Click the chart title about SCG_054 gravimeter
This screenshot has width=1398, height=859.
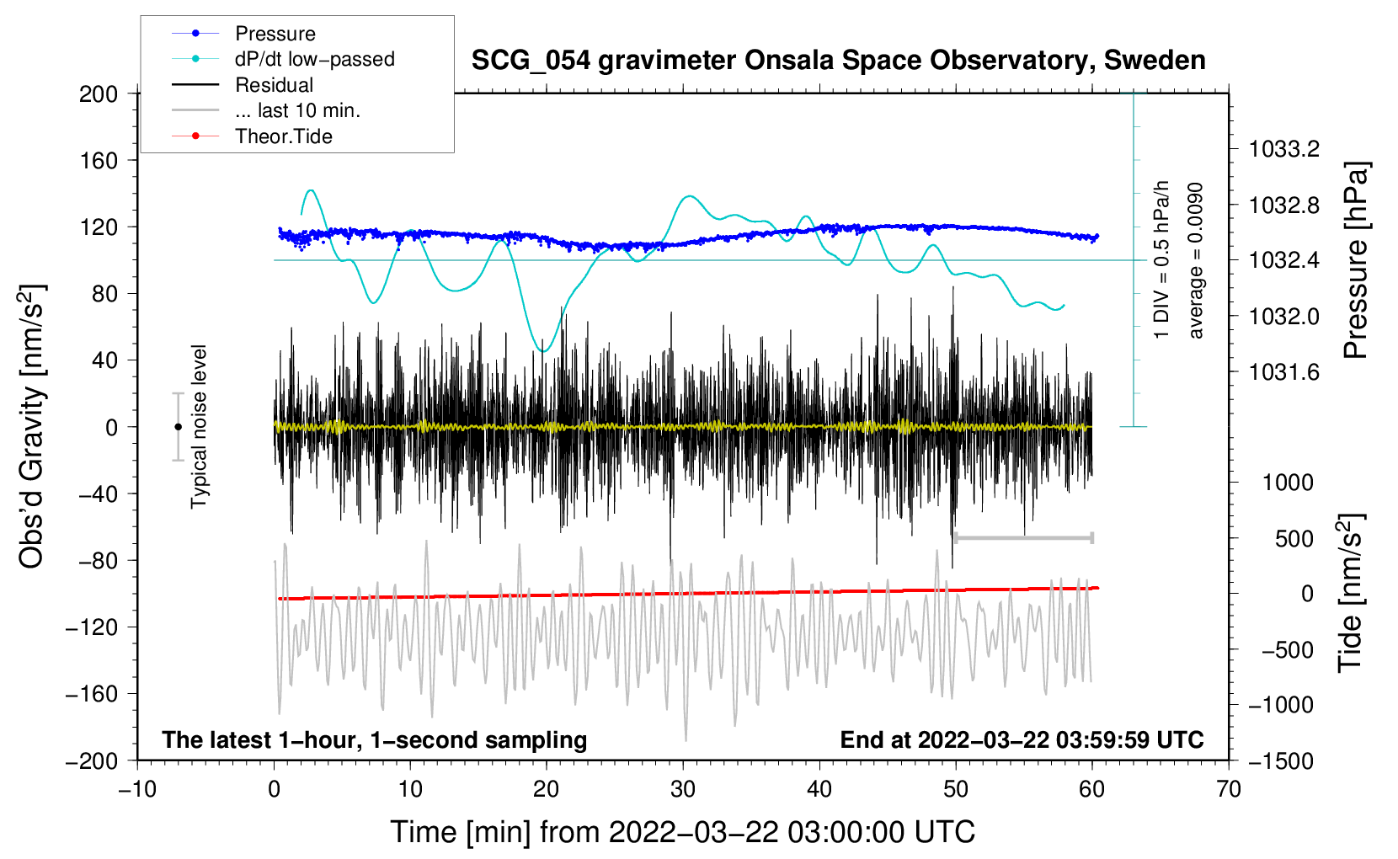(838, 61)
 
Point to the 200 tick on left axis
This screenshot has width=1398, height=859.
(99, 94)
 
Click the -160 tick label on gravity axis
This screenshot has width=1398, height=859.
(92, 694)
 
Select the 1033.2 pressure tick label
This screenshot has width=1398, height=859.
(1284, 149)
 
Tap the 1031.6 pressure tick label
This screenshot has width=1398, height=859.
(1284, 372)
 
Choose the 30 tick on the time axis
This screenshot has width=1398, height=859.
(683, 789)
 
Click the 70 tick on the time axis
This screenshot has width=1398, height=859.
(1228, 789)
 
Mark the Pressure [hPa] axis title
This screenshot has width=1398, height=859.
(1356, 260)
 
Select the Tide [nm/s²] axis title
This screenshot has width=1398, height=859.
(1351, 594)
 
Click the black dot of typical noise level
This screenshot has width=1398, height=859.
(178, 427)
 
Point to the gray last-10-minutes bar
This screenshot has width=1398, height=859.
(1023, 537)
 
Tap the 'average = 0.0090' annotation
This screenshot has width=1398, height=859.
(1195, 260)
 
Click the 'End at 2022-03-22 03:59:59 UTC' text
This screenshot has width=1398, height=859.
(1022, 739)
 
